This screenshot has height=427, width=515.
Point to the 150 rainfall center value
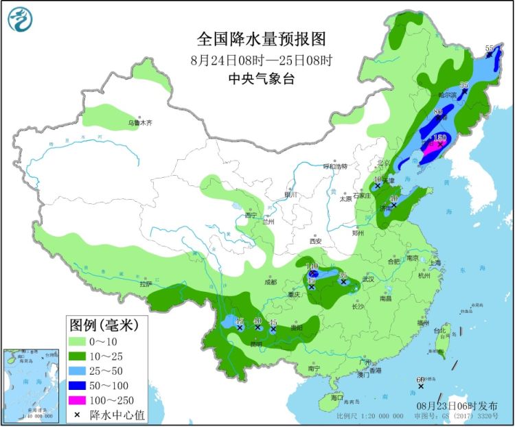pos(440,138)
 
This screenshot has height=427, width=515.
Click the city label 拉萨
pos(144,284)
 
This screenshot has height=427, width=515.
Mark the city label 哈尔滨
pos(447,95)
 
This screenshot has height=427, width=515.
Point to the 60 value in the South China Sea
pos(420,380)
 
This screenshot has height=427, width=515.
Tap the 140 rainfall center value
pos(312,266)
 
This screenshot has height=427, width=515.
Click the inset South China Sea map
pos(32,385)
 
